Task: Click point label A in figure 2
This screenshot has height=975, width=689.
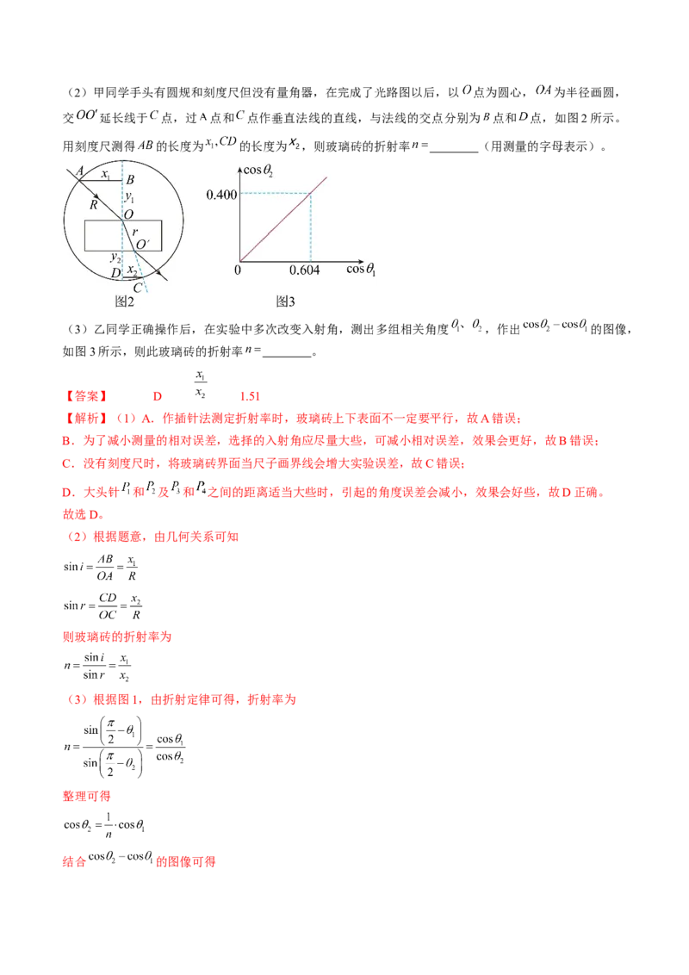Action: (79, 171)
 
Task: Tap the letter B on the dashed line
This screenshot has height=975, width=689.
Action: (130, 180)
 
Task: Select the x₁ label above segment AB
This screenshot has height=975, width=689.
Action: (105, 174)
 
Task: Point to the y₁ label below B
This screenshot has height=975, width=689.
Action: (130, 198)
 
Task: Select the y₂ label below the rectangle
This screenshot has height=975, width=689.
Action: (115, 257)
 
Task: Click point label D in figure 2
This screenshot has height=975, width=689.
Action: (115, 273)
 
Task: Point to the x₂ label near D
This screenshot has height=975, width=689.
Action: (132, 270)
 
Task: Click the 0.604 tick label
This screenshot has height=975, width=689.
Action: (305, 270)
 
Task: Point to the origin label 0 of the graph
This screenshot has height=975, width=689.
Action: (237, 270)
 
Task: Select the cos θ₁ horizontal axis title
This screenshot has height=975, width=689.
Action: (362, 270)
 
